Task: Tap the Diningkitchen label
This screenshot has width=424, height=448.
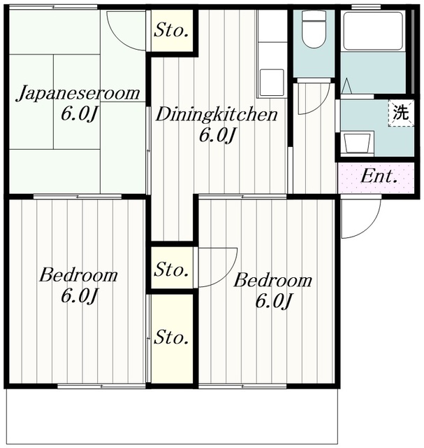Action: pos(216,115)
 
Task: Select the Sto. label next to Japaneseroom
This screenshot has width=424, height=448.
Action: pos(172,31)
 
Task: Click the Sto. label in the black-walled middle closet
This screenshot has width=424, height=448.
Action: pos(172,269)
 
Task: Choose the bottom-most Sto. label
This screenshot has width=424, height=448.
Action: pos(172,338)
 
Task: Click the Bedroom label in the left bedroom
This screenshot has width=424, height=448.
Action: pos(78,274)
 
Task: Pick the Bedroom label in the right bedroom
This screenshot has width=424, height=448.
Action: pos(272,281)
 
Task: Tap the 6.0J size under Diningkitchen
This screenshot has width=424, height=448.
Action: pos(216,135)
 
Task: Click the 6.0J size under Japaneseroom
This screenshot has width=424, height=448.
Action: pos(78,113)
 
